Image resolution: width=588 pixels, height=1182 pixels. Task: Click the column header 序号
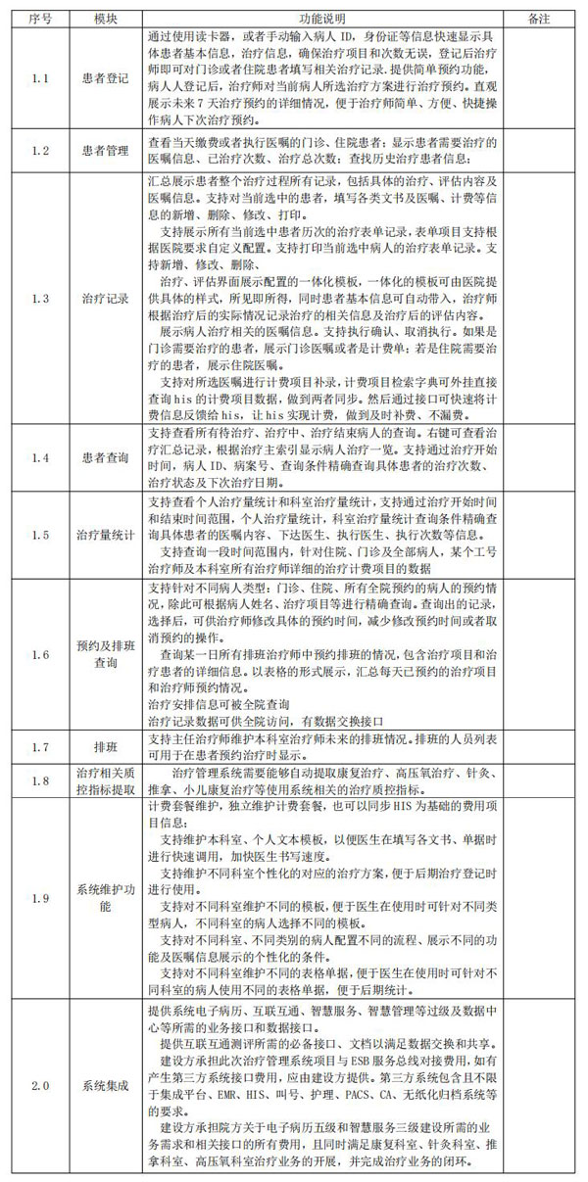pos(39,19)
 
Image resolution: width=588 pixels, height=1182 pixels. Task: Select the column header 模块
pos(107,19)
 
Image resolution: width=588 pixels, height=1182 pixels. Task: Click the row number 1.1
pos(39,78)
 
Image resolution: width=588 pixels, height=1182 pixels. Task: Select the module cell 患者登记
pos(107,78)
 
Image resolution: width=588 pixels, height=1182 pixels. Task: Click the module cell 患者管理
pos(107,153)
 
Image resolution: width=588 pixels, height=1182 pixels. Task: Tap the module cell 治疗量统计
pos(107,536)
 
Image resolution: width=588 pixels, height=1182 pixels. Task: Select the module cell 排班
pos(107,747)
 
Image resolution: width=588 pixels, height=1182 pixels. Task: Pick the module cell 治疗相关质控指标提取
pos(107,780)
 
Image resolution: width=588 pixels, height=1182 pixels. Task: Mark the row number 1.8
pos(39,780)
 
